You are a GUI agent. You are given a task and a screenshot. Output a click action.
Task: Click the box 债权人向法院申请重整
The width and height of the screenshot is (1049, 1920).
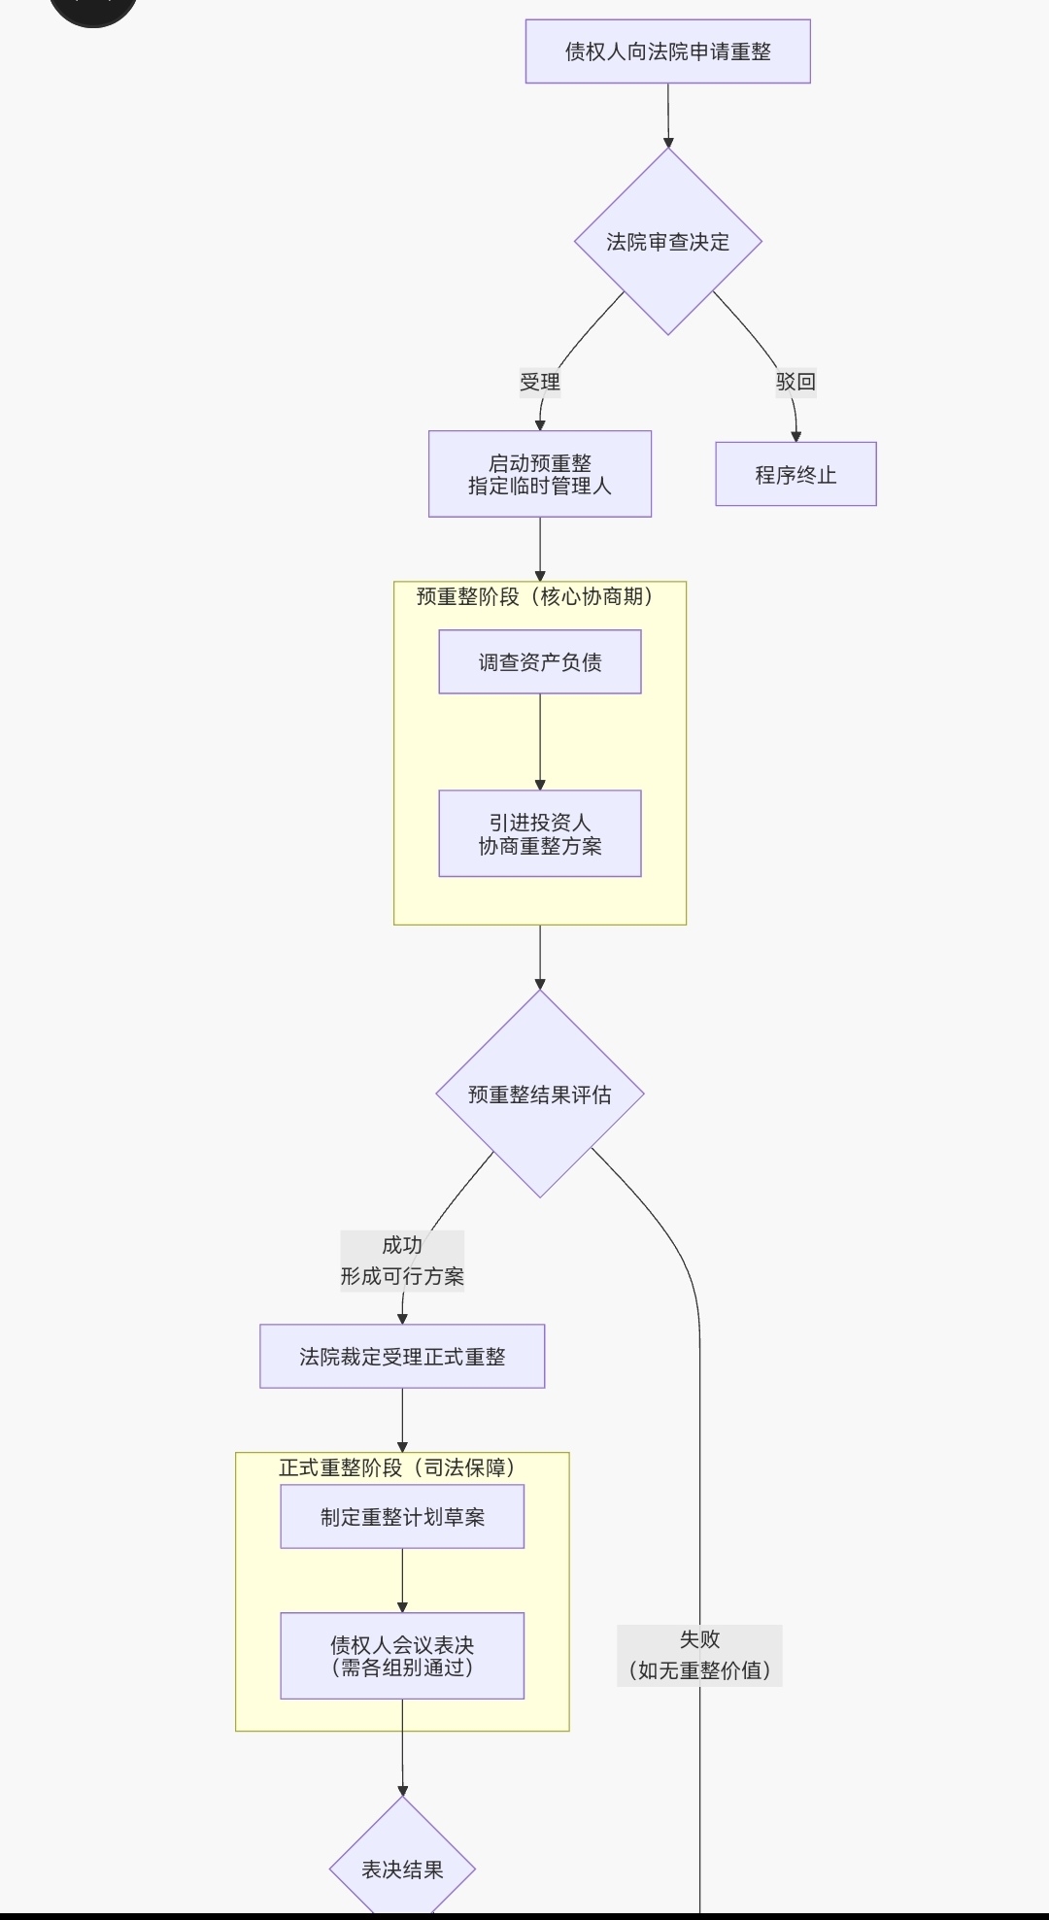coord(667,51)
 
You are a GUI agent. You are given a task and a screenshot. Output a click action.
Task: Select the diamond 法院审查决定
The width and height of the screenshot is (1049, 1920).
coord(667,242)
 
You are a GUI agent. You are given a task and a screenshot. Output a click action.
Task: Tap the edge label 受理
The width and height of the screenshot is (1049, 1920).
coord(540,382)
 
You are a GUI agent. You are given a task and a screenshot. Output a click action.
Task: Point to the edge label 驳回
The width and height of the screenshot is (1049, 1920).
coord(795,382)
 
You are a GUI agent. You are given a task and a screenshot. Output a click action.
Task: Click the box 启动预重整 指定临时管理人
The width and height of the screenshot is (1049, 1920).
coord(540,474)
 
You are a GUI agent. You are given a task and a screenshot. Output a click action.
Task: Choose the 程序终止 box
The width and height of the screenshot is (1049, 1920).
coord(795,474)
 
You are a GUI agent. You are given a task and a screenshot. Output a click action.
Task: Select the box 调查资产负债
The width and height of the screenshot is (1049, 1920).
coord(540,662)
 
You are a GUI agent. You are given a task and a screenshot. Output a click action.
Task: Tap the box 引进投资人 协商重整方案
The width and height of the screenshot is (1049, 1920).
coord(540,833)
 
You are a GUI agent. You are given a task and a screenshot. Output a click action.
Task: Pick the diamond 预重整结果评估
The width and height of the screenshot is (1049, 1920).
coord(540,1095)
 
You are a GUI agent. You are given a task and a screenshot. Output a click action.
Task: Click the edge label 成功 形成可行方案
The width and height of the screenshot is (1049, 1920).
coord(402,1261)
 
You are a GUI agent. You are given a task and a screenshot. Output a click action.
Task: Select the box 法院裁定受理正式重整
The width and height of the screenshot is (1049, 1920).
coord(402,1357)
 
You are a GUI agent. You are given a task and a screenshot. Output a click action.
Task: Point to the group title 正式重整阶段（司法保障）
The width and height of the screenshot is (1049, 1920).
coord(399,1467)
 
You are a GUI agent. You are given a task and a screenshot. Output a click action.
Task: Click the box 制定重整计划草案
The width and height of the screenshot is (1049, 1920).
coord(402,1517)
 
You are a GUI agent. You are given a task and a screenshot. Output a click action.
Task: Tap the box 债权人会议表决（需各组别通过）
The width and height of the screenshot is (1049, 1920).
coord(402,1656)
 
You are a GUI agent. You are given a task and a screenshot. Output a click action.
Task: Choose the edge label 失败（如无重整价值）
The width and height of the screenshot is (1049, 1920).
coord(699,1655)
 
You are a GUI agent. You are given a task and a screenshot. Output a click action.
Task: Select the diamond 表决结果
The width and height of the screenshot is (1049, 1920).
coord(402,1869)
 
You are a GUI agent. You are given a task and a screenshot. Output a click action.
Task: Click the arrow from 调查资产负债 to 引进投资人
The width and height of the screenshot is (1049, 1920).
coord(540,742)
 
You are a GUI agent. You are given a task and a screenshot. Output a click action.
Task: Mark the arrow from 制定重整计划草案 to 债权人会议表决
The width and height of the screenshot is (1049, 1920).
coord(402,1580)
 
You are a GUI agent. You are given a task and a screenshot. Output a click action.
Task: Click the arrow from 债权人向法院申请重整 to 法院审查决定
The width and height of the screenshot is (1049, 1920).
coord(668,116)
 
